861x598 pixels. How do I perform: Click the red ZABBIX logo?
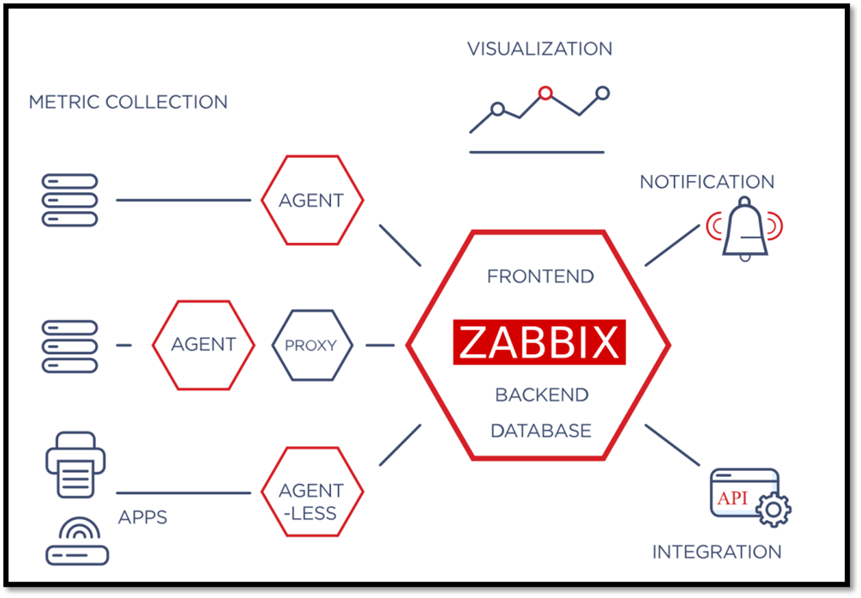(539, 342)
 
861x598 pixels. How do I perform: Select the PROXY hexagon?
(312, 346)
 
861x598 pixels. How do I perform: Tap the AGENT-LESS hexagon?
(311, 502)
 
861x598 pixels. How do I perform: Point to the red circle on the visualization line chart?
(545, 93)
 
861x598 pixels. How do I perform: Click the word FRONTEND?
(539, 276)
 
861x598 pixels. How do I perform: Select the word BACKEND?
(541, 395)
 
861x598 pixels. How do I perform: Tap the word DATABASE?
(540, 431)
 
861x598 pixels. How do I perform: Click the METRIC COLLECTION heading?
(129, 102)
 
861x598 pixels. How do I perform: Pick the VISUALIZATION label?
(539, 49)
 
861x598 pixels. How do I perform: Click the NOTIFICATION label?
(707, 182)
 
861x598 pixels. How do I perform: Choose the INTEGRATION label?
(717, 552)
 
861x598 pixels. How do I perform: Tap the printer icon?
(75, 464)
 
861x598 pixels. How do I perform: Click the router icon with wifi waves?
(77, 542)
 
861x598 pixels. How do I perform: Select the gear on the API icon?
(774, 510)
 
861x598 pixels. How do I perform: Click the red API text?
(732, 498)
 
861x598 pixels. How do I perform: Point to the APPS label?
(141, 518)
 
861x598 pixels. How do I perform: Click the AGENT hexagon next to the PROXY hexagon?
(203, 345)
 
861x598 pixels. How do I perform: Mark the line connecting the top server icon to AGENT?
(183, 201)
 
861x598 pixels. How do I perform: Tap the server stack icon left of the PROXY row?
(70, 346)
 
